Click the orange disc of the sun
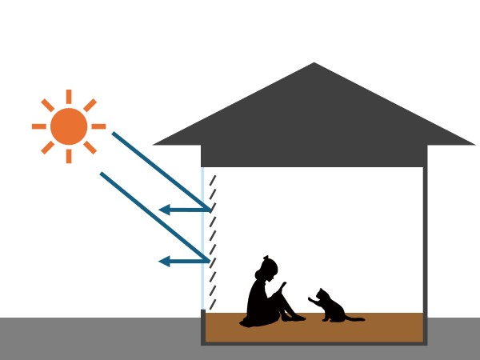tap(68, 126)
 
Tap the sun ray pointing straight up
tap(69, 97)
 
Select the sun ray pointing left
tap(38, 126)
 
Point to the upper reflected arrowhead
tap(164, 210)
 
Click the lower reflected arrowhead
tap(164, 261)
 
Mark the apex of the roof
tap(314, 64)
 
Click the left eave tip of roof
tap(154, 144)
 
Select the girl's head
tap(269, 266)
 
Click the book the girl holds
tap(284, 286)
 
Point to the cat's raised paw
tap(310, 300)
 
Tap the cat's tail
tap(354, 318)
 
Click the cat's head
tap(322, 295)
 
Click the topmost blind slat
tap(213, 181)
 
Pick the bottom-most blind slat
tap(213, 305)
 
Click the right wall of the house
tap(425, 240)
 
